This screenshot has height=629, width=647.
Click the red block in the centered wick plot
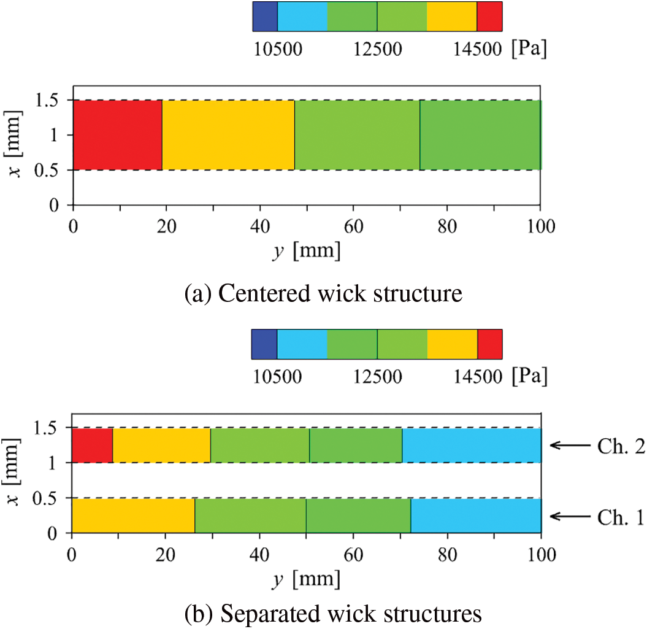coord(117,134)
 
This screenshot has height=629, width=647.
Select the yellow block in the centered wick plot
coord(228,134)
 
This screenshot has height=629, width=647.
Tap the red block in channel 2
coord(93,445)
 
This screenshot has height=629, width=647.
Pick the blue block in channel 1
coord(476,516)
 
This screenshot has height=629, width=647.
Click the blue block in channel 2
coord(472,445)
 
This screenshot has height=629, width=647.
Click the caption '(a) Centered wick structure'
coord(323,294)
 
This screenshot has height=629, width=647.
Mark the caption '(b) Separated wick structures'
coord(323,612)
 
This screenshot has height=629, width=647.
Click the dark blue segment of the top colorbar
coord(265,17)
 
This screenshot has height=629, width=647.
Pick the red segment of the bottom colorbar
coord(490,344)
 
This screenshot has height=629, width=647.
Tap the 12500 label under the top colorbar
coord(377,50)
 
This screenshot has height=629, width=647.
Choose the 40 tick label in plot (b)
coord(260,555)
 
